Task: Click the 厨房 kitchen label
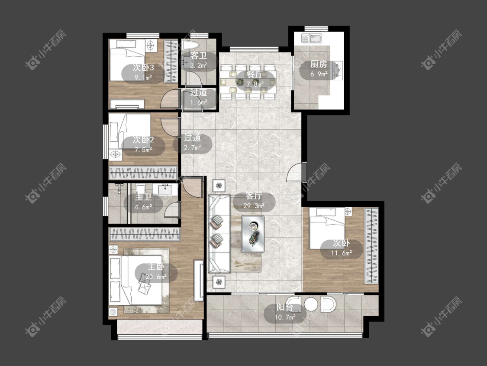click(x=319, y=65)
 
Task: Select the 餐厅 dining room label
click(x=255, y=75)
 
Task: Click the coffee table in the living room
click(x=253, y=234)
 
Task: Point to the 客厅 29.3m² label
click(x=254, y=201)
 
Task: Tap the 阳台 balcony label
click(x=285, y=308)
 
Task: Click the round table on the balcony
click(x=310, y=304)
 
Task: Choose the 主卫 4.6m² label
click(x=143, y=202)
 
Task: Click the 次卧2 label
click(x=143, y=140)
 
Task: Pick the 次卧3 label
click(x=143, y=68)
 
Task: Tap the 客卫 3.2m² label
click(x=199, y=60)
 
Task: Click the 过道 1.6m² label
click(x=199, y=97)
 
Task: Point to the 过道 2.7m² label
click(x=192, y=142)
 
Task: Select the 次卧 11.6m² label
click(x=342, y=248)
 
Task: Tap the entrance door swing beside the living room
click(x=294, y=172)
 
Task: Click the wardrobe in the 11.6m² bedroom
click(x=371, y=245)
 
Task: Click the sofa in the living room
click(x=219, y=233)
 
